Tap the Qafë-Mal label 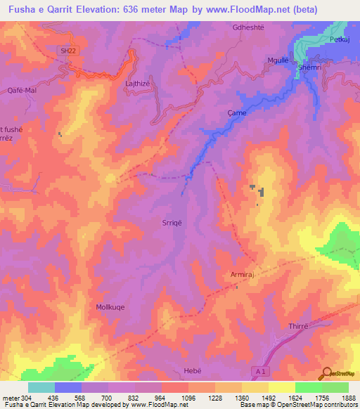[x=21, y=90]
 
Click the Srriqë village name [x=172, y=223]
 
